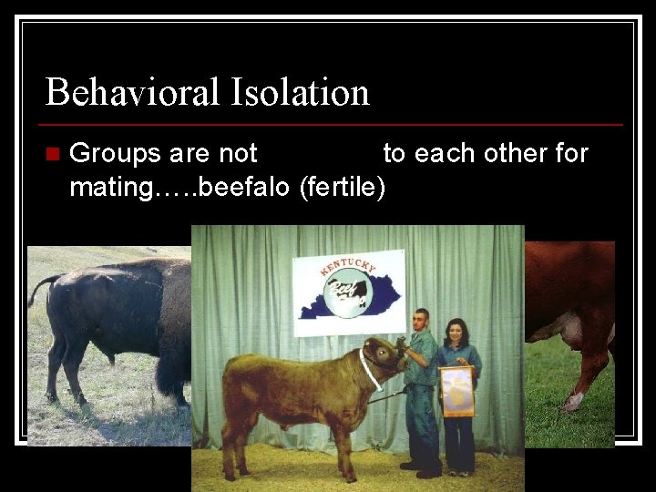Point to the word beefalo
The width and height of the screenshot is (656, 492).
pyautogui.click(x=245, y=189)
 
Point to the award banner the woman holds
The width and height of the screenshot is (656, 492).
pyautogui.click(x=456, y=391)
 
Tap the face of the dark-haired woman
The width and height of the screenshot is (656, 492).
pyautogui.click(x=455, y=333)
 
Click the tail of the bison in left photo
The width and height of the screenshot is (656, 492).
pyautogui.click(x=37, y=289)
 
